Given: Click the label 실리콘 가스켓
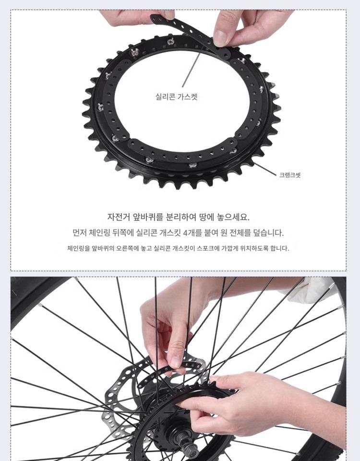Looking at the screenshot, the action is click(x=176, y=97).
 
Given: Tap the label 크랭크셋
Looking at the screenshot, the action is click(x=290, y=175).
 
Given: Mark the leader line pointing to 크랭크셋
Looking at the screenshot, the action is click(x=265, y=169).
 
